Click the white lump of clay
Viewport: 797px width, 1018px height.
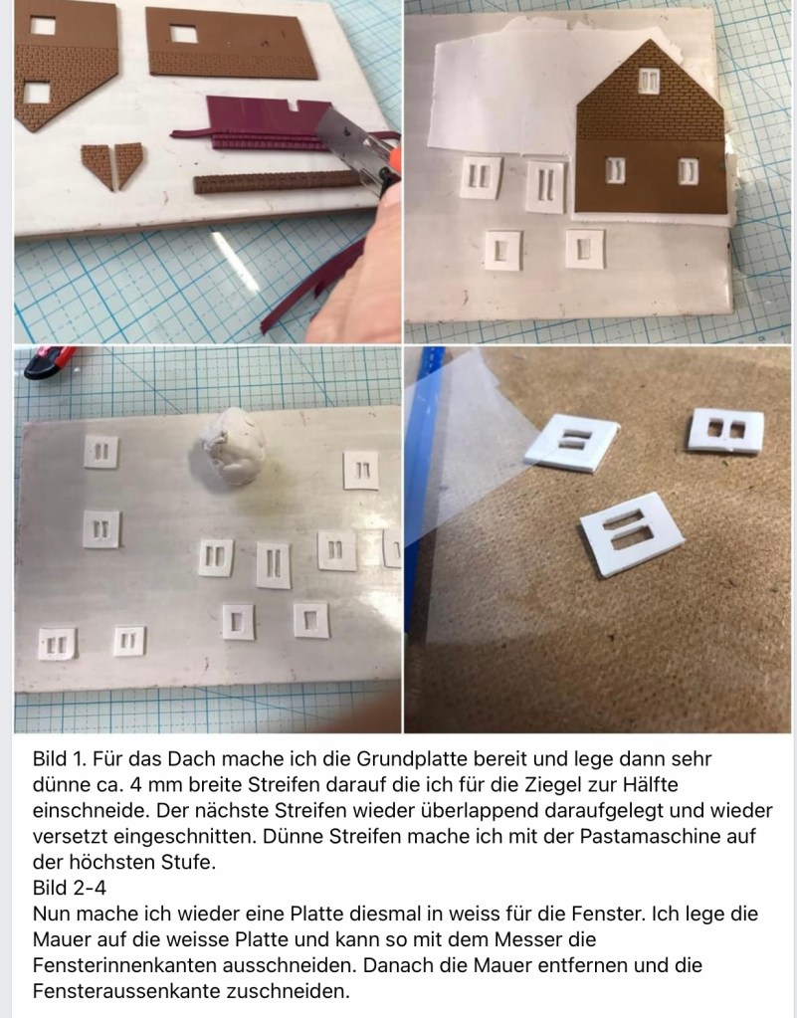(233, 445)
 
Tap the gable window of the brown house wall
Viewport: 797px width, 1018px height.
(649, 82)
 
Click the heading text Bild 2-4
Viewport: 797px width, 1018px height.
(70, 888)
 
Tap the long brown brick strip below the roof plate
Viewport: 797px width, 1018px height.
(276, 182)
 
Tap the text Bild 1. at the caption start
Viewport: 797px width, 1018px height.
(59, 759)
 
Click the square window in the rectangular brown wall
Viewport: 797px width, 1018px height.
(184, 34)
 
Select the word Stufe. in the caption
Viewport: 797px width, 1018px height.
(188, 862)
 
